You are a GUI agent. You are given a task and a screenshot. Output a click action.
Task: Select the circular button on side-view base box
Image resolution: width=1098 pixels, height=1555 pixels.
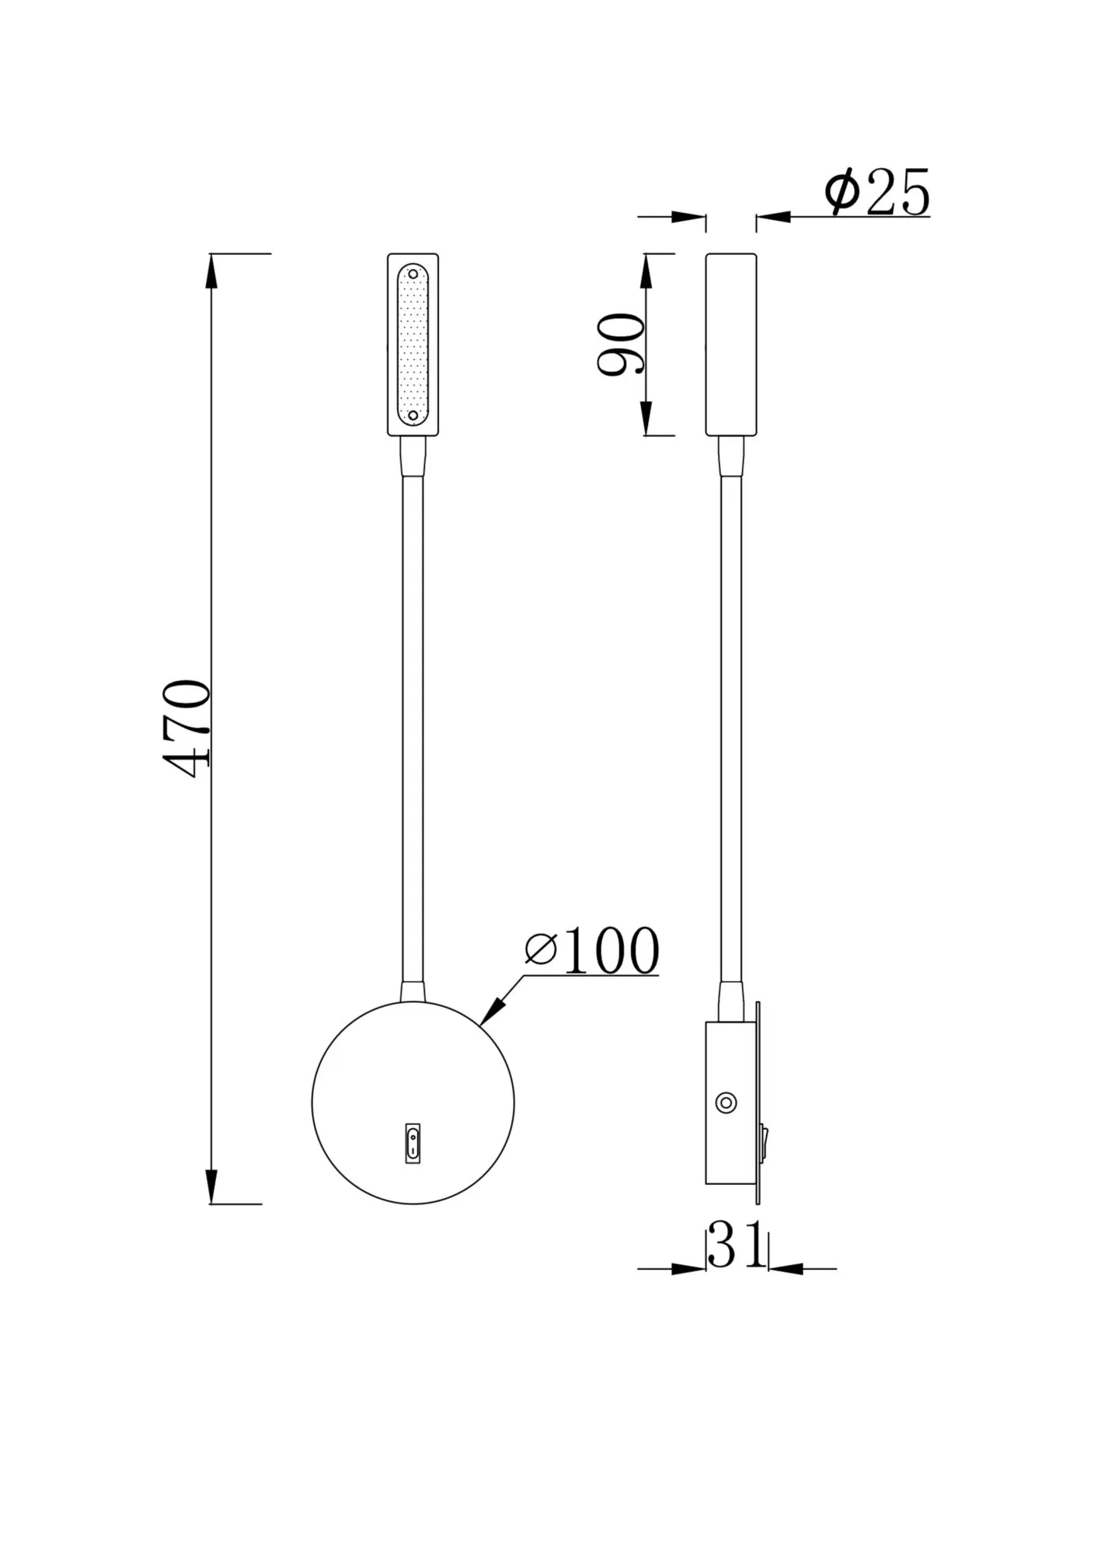coord(726,1102)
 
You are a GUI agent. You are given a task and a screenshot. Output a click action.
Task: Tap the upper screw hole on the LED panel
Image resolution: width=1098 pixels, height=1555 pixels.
coord(413,274)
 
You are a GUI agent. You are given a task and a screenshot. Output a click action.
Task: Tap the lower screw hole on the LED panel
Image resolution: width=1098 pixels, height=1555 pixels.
coord(413,416)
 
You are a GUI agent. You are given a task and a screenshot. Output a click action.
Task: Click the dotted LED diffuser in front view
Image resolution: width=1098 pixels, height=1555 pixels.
coord(413,345)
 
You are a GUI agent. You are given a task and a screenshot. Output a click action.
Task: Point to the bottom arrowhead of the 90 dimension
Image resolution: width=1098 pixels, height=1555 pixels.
coord(647,421)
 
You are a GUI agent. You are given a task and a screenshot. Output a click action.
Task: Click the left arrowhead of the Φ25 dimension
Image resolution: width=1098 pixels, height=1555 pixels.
coord(690,217)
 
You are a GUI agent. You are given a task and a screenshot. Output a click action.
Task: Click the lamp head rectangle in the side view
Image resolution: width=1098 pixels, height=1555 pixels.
coord(731,344)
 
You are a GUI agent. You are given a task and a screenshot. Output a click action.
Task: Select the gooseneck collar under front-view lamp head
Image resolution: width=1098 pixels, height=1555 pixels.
coord(413,455)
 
